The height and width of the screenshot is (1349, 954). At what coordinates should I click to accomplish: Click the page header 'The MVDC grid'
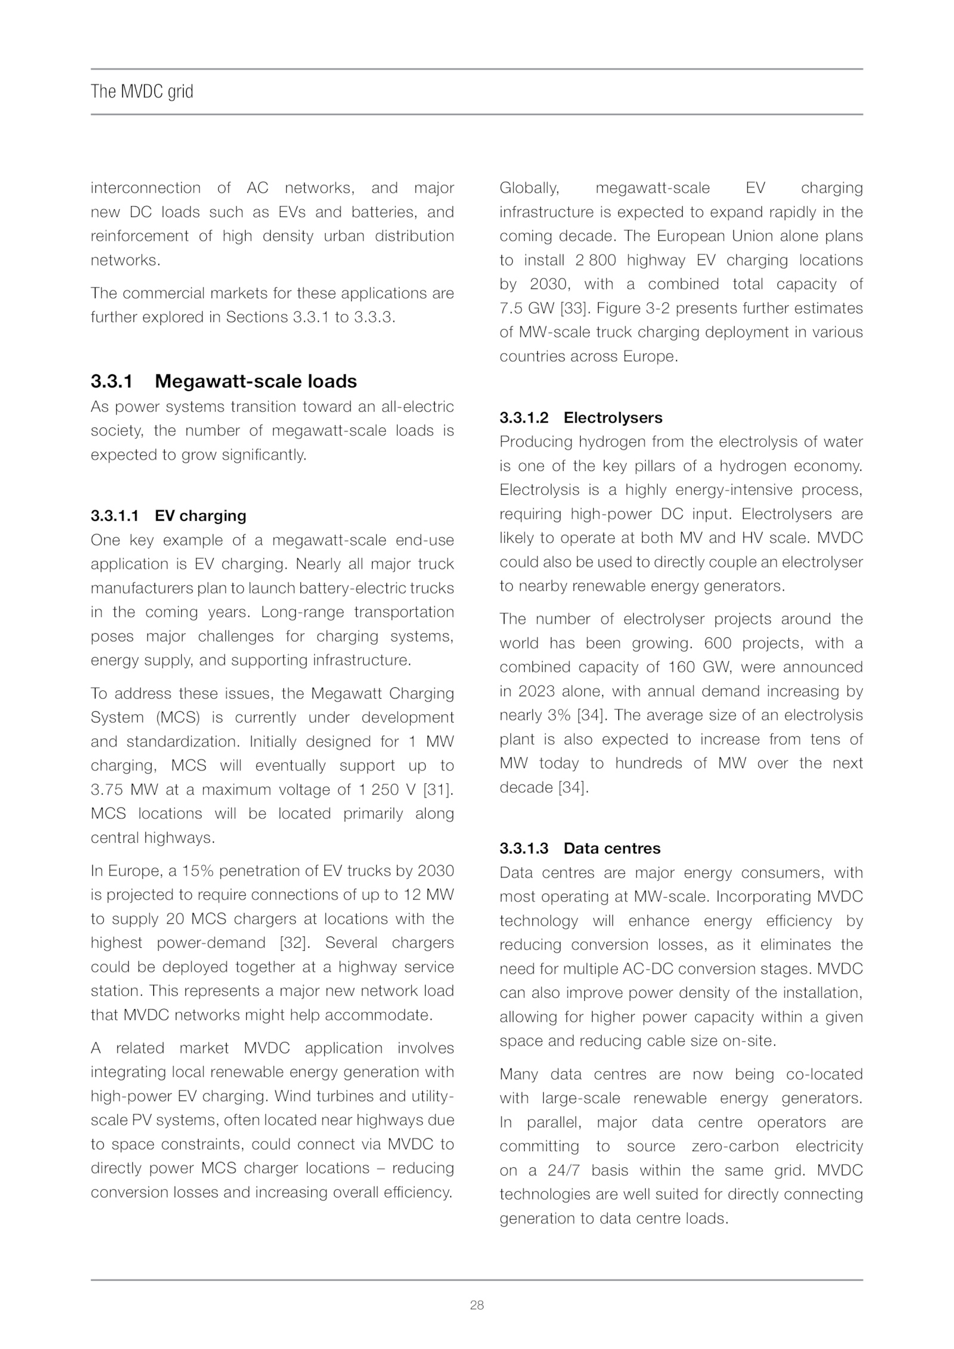tap(142, 92)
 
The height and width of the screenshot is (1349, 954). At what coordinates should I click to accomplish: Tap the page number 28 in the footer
tap(477, 1305)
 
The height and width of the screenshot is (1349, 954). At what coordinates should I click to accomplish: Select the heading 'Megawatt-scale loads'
tap(256, 382)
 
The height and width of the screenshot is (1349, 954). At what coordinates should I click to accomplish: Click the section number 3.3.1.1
tap(114, 516)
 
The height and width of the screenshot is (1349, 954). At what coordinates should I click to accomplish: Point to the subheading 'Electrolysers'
tap(613, 417)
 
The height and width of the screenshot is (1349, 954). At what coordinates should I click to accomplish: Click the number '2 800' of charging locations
tap(596, 261)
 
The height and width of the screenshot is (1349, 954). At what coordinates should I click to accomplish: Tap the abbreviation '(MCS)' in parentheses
tap(177, 718)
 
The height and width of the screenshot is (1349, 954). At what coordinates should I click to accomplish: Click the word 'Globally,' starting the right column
tap(529, 188)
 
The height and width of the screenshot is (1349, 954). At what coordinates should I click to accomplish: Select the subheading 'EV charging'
tap(200, 516)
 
